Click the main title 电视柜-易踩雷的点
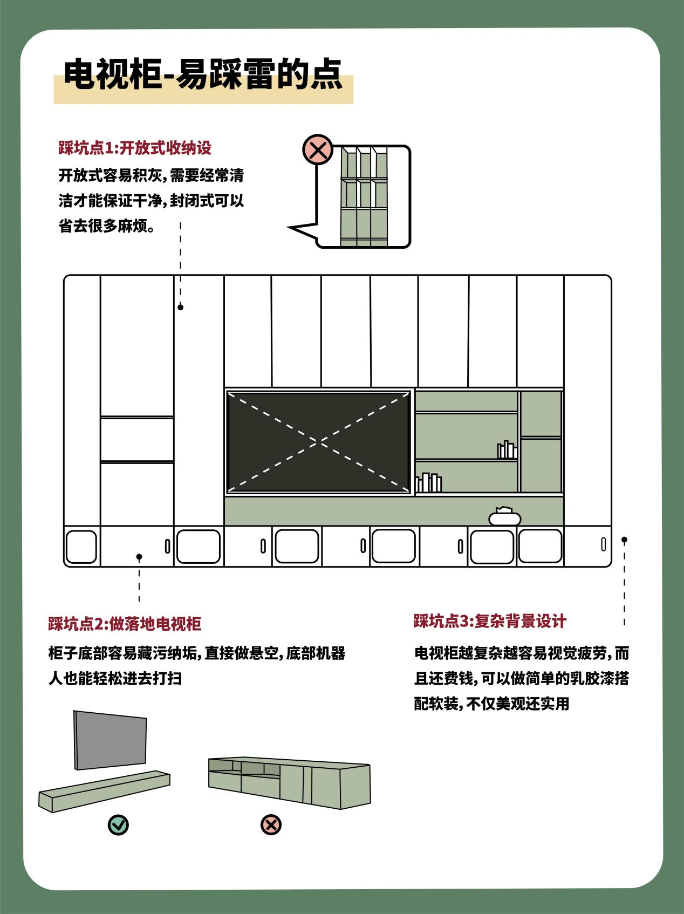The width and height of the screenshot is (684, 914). [x=203, y=75]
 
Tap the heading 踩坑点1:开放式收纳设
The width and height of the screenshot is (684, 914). [x=135, y=148]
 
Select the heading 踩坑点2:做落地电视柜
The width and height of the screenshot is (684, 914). [x=125, y=624]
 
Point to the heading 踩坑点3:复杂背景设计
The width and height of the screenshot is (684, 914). [x=490, y=621]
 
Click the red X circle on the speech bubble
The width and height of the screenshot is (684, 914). [x=318, y=149]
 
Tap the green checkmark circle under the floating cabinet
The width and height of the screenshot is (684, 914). [x=118, y=824]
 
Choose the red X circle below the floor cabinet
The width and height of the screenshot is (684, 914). [x=271, y=824]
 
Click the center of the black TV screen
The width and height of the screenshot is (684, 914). [x=319, y=442]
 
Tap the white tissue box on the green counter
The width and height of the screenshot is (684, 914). [x=504, y=516]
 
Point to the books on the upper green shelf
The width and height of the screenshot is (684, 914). [x=507, y=450]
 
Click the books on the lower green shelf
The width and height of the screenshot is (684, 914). [x=428, y=483]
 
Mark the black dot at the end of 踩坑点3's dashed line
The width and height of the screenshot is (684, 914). [x=624, y=540]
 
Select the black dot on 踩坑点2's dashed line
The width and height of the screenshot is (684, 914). [x=139, y=557]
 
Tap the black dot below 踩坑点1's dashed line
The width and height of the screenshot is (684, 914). [x=181, y=307]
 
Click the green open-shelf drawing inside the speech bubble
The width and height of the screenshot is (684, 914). [x=364, y=197]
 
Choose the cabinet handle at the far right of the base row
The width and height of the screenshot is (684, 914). [x=604, y=545]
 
